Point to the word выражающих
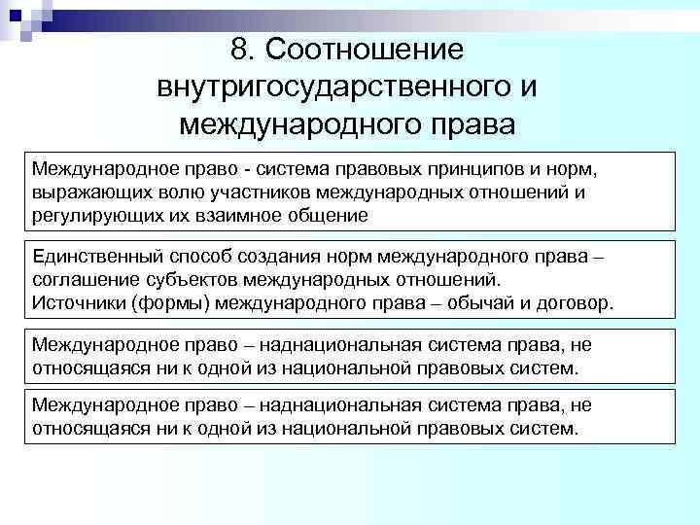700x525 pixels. coord(79,192)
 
